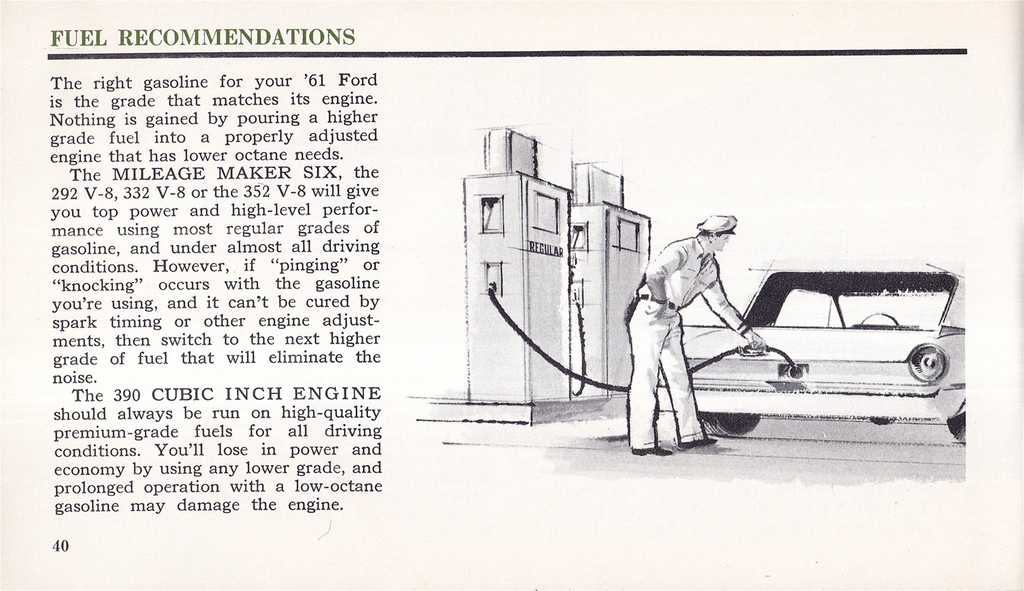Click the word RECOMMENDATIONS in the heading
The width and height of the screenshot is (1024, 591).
coord(236,37)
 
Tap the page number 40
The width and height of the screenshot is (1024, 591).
coord(61,545)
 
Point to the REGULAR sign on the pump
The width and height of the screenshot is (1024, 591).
coord(545,248)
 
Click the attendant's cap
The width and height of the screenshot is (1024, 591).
coord(717,224)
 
